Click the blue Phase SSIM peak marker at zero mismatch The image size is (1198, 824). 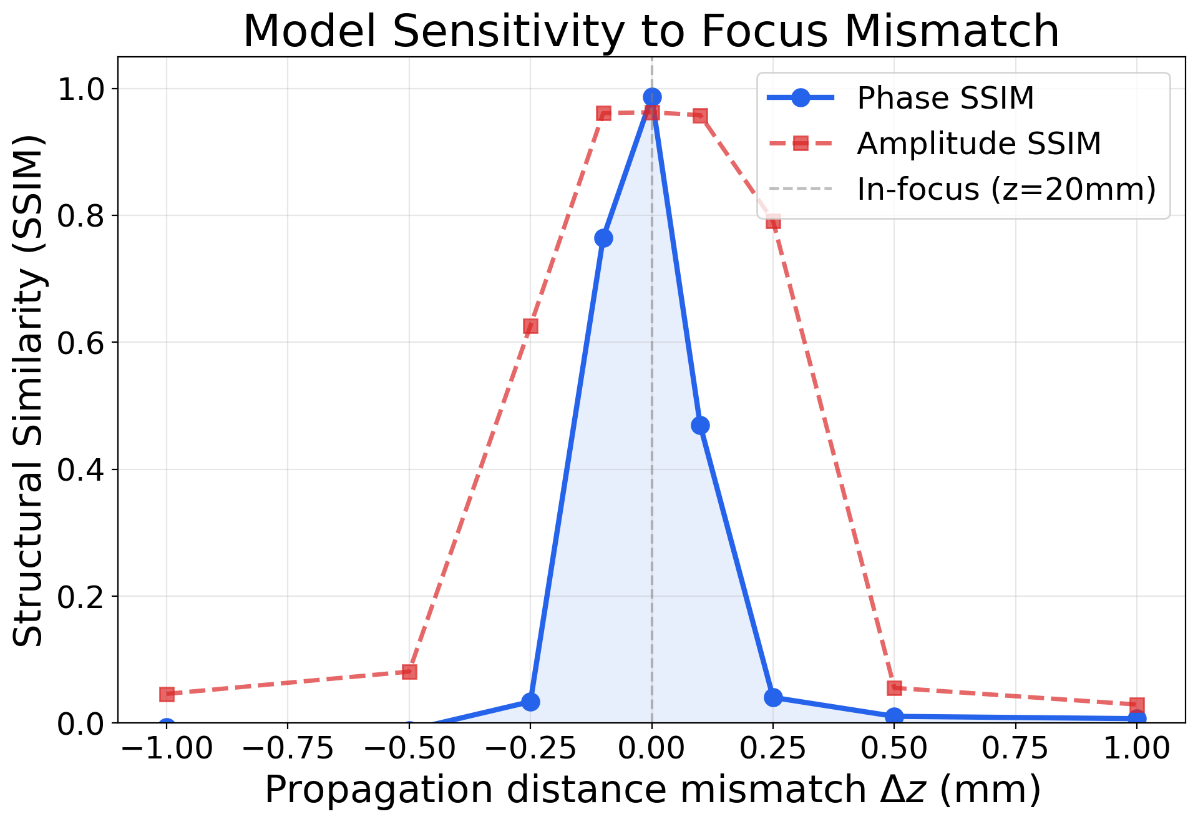click(652, 97)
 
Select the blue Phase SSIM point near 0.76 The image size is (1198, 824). click(603, 238)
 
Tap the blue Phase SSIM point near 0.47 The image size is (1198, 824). click(700, 425)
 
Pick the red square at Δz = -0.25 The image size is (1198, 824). click(530, 326)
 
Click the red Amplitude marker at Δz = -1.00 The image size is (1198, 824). click(167, 694)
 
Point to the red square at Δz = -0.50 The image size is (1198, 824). click(409, 672)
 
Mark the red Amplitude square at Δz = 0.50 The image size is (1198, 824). click(894, 688)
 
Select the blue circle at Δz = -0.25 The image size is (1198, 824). click(530, 702)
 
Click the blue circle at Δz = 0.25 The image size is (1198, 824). click(773, 697)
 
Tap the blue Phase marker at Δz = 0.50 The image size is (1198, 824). click(894, 716)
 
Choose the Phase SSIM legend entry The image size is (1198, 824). click(945, 99)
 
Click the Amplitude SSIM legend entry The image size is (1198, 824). click(978, 144)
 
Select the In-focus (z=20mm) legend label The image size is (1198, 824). click(1006, 189)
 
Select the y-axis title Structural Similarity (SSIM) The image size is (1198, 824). click(29, 390)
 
